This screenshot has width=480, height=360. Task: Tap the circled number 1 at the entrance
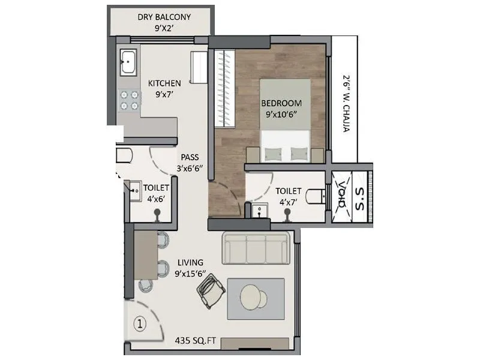tap(139, 325)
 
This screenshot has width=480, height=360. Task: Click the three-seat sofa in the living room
tap(256, 248)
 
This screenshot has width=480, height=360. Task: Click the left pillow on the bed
tap(274, 153)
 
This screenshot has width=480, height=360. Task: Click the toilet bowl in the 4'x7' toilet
tap(316, 196)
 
